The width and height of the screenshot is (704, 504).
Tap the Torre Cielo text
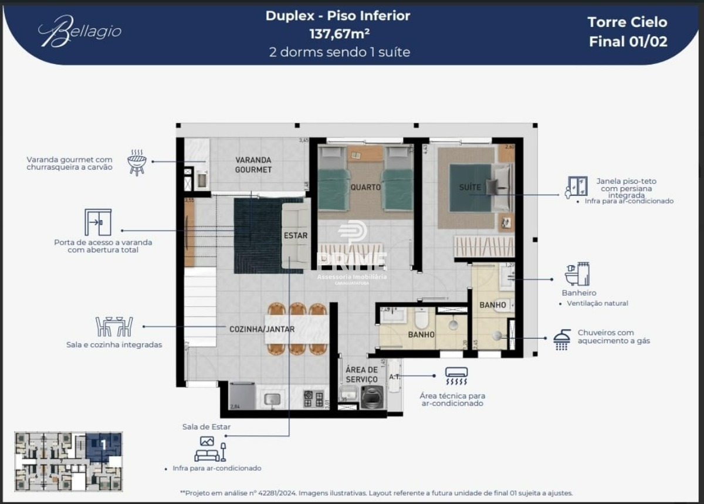point(627,22)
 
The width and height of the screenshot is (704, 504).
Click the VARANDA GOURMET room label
point(253,165)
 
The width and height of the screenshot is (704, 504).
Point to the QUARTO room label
point(365,187)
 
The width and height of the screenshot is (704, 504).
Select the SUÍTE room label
point(470,187)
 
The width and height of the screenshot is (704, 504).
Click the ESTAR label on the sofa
point(295,236)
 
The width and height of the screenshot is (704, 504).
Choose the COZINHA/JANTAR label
point(262,329)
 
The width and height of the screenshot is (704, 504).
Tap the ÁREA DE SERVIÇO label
point(361,375)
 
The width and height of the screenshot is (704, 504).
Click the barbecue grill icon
point(137,161)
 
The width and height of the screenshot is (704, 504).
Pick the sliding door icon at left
point(97,222)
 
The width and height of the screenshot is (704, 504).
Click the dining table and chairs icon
point(114,327)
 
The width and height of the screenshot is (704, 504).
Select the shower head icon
point(562,340)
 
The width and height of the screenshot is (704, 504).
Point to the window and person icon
point(576,187)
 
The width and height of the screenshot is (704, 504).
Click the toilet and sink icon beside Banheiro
point(577,274)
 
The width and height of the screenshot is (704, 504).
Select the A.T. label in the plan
point(394,376)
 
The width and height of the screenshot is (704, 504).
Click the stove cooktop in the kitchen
point(313,399)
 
